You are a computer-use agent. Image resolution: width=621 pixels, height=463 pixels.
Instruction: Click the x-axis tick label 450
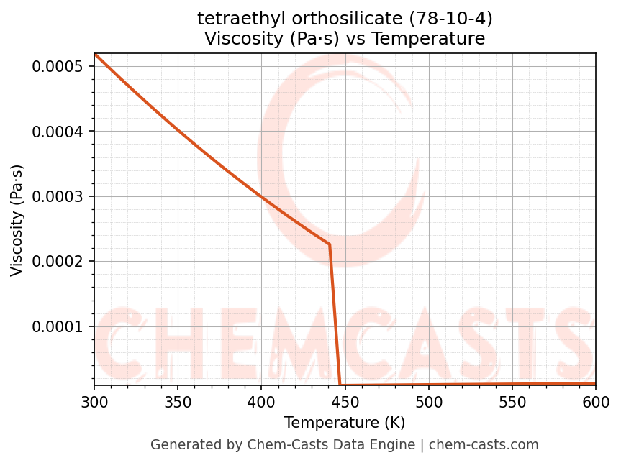[345, 402]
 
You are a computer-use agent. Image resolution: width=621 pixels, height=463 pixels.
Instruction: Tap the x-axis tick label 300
[94, 402]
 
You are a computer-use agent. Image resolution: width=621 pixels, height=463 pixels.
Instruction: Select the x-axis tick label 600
[595, 402]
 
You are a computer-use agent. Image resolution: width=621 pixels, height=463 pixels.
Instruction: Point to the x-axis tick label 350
[178, 402]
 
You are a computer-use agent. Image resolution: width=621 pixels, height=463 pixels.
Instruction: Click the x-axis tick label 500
[428, 402]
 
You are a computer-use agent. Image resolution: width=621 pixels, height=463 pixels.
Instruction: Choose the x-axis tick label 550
[512, 402]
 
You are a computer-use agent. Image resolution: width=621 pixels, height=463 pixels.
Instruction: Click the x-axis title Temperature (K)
[345, 423]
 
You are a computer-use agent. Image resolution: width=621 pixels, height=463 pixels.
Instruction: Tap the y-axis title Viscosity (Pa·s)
[17, 220]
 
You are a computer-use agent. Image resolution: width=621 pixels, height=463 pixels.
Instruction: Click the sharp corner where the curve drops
[330, 244]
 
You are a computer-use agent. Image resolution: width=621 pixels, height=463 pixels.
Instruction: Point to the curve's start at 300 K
[95, 55]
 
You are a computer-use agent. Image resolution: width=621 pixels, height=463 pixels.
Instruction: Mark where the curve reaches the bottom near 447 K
[340, 385]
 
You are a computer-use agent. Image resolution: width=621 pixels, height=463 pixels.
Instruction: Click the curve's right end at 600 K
[594, 384]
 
